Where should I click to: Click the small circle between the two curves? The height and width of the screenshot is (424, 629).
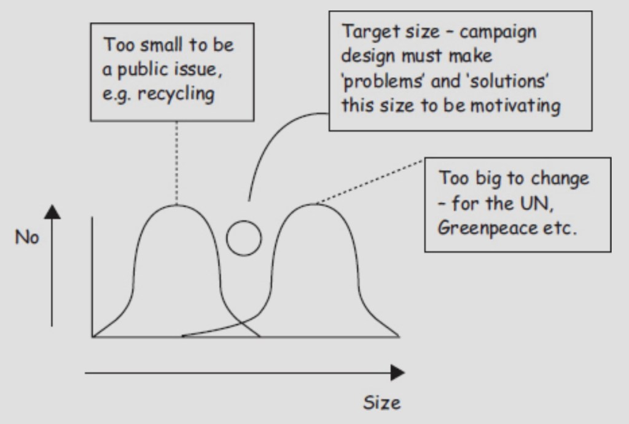[x=244, y=238]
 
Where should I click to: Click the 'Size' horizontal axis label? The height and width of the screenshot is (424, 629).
[x=381, y=402]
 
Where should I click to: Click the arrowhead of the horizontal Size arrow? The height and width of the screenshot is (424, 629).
[x=397, y=372]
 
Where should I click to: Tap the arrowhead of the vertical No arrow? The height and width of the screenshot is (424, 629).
[x=53, y=211]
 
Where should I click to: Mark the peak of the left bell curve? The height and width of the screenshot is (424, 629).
[x=177, y=205]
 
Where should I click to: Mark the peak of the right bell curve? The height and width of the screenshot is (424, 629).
[x=313, y=204]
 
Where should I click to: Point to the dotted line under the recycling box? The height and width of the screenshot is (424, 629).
[x=177, y=163]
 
